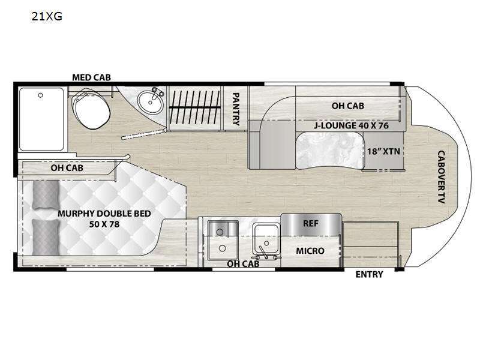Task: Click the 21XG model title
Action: tap(47, 16)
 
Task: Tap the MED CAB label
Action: tap(91, 77)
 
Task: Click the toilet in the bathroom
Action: tap(91, 109)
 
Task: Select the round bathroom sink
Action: tap(150, 103)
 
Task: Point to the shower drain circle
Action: tap(40, 95)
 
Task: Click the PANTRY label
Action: tap(236, 109)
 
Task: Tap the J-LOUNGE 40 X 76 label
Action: tap(351, 125)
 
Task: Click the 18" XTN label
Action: tap(383, 151)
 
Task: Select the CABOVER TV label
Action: tap(441, 177)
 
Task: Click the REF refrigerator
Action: tap(311, 224)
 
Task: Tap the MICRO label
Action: tap(310, 251)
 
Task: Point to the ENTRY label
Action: tap(369, 275)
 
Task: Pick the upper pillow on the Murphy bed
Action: tap(46, 194)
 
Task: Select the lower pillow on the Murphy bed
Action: tap(46, 237)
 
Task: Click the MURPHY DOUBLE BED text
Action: tap(104, 214)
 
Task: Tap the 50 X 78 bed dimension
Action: tap(104, 224)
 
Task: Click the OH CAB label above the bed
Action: tap(67, 168)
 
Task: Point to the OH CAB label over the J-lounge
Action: tap(348, 106)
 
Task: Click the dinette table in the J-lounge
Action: tap(330, 151)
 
